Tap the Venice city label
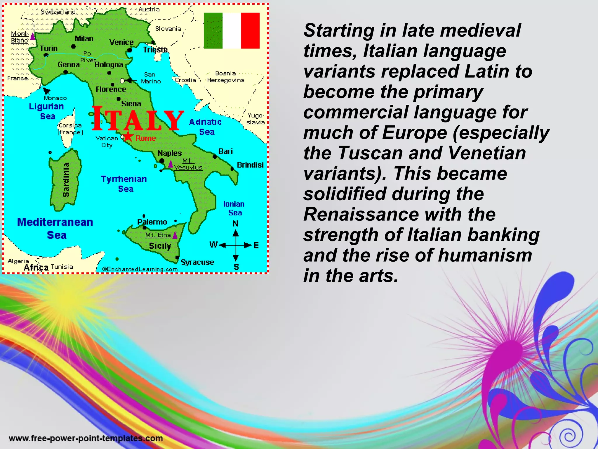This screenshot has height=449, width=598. click(121, 42)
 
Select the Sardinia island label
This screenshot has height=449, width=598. click(66, 179)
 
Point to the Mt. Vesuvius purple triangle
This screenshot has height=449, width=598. click(171, 164)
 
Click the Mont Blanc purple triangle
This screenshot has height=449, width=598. click(33, 37)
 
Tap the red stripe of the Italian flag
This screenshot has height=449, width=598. click(250, 30)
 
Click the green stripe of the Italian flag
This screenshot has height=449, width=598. click(213, 30)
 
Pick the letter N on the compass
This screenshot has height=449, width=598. click(235, 224)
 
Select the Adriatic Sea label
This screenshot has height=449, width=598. click(206, 127)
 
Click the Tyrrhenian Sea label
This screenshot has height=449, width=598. click(124, 184)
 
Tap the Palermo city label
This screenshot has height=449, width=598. click(152, 222)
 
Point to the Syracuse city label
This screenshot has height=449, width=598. click(197, 262)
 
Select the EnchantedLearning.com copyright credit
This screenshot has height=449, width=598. click(140, 269)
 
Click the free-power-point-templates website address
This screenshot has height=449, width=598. click(86, 438)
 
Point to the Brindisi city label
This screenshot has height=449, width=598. click(250, 165)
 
